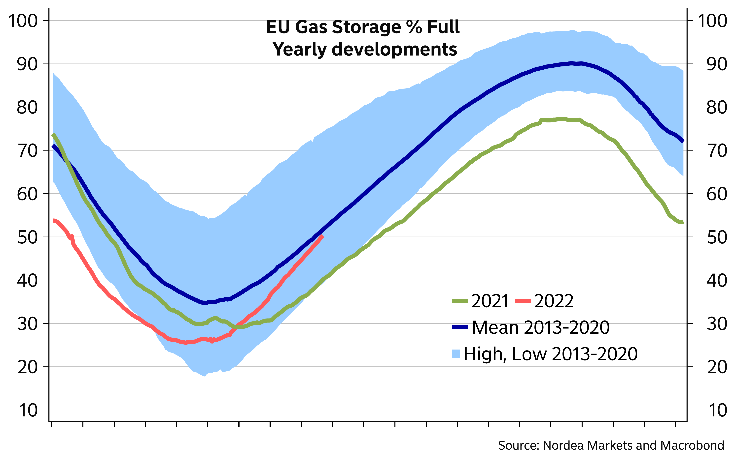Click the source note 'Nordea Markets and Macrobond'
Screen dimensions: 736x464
[x=633, y=445]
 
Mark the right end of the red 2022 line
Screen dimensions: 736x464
[x=323, y=236]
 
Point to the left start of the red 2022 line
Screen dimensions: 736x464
[x=53, y=220]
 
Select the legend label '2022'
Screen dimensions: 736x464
[x=554, y=301]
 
